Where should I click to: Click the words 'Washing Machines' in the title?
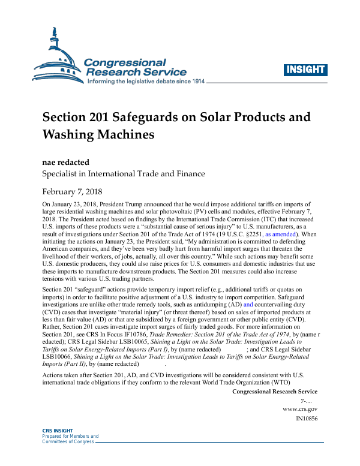pyautogui.click(x=98, y=134)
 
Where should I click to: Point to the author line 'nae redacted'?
pyautogui.click(x=66, y=161)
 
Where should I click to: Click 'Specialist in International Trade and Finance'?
pyautogui.click(x=123, y=174)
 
